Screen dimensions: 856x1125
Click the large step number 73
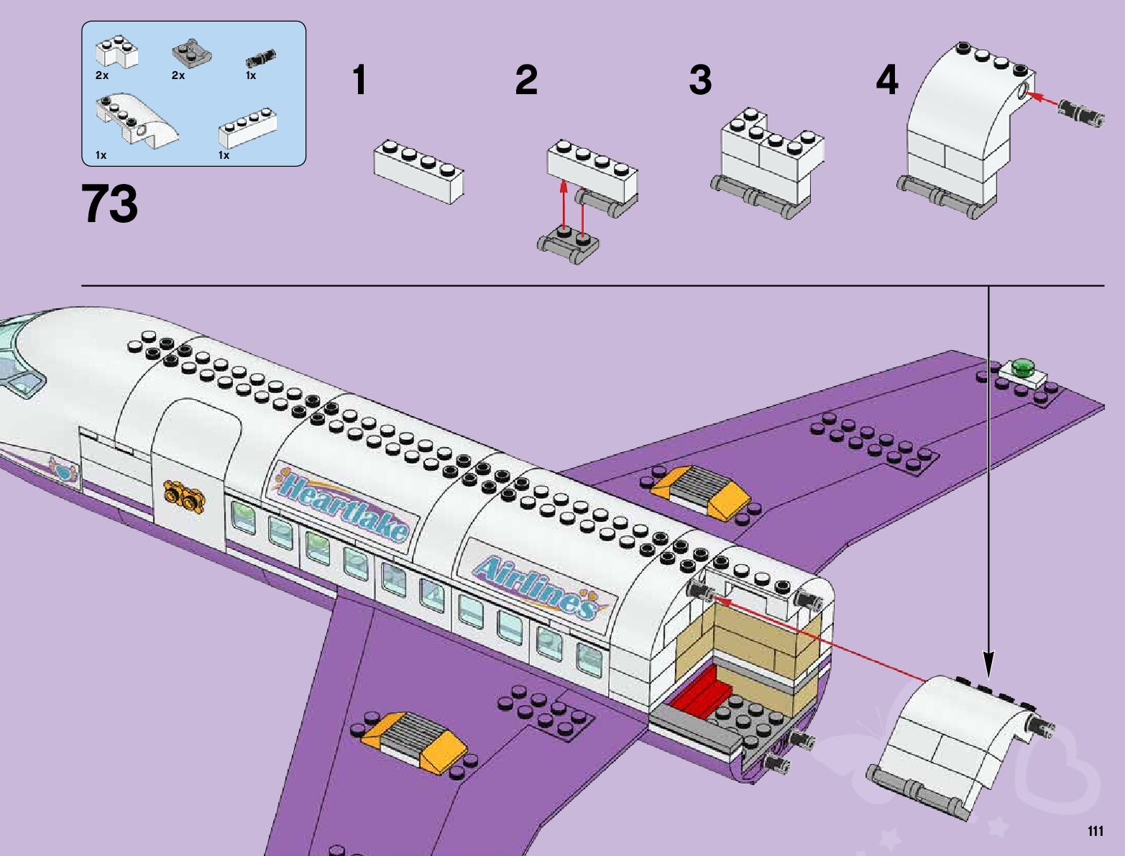coord(110,204)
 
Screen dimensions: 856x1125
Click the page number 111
coord(1095,832)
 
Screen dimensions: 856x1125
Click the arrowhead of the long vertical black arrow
coord(988,664)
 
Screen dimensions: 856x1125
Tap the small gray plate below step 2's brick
coord(568,243)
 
